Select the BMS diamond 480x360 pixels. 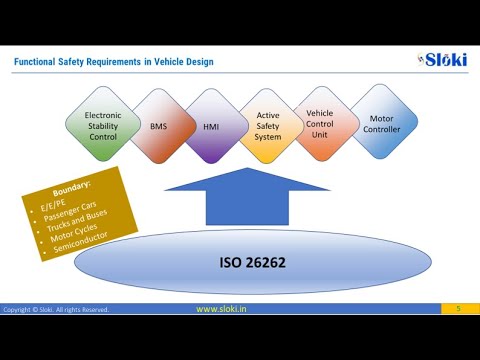tap(159, 127)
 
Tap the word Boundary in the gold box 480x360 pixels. tap(74, 187)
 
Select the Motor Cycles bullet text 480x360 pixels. tap(82, 239)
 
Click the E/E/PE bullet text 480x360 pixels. tap(55, 204)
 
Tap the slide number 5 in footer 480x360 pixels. tap(458, 309)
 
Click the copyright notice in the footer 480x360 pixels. tap(56, 310)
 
